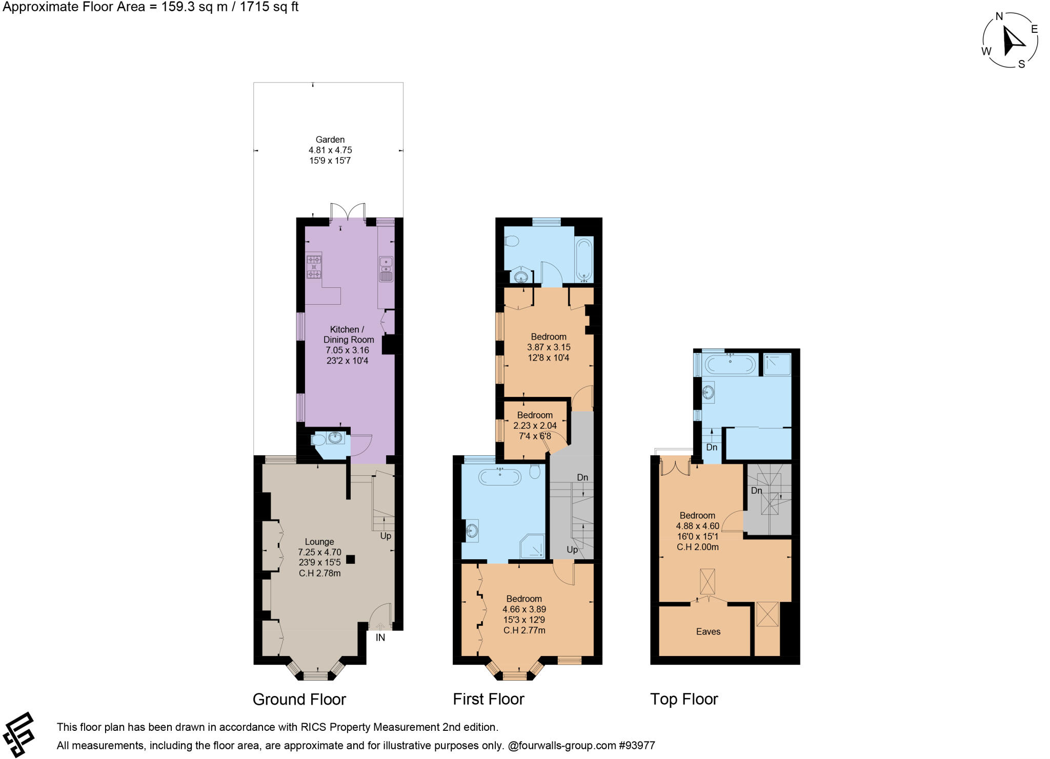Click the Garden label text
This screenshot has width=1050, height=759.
[x=330, y=139]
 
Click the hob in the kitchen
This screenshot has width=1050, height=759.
[x=314, y=267]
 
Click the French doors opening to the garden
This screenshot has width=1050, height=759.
[x=348, y=211]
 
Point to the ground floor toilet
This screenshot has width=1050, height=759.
[x=318, y=440]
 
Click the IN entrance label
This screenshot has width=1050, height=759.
[x=380, y=638]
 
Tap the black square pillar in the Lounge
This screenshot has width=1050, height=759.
[x=350, y=559]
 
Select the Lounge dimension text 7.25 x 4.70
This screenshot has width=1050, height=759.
[x=319, y=552]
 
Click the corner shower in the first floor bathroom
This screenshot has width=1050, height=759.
[x=533, y=547]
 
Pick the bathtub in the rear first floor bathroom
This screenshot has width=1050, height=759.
[x=584, y=259]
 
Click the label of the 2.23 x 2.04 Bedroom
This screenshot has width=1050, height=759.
[x=535, y=415]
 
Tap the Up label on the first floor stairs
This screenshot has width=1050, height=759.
[x=572, y=550]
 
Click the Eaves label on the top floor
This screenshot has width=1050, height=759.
[x=708, y=631]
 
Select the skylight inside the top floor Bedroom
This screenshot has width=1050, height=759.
[x=707, y=582]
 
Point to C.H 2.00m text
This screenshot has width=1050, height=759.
[x=697, y=547]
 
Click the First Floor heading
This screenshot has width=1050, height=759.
[x=488, y=699]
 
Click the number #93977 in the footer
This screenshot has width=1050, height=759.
[x=637, y=746]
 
